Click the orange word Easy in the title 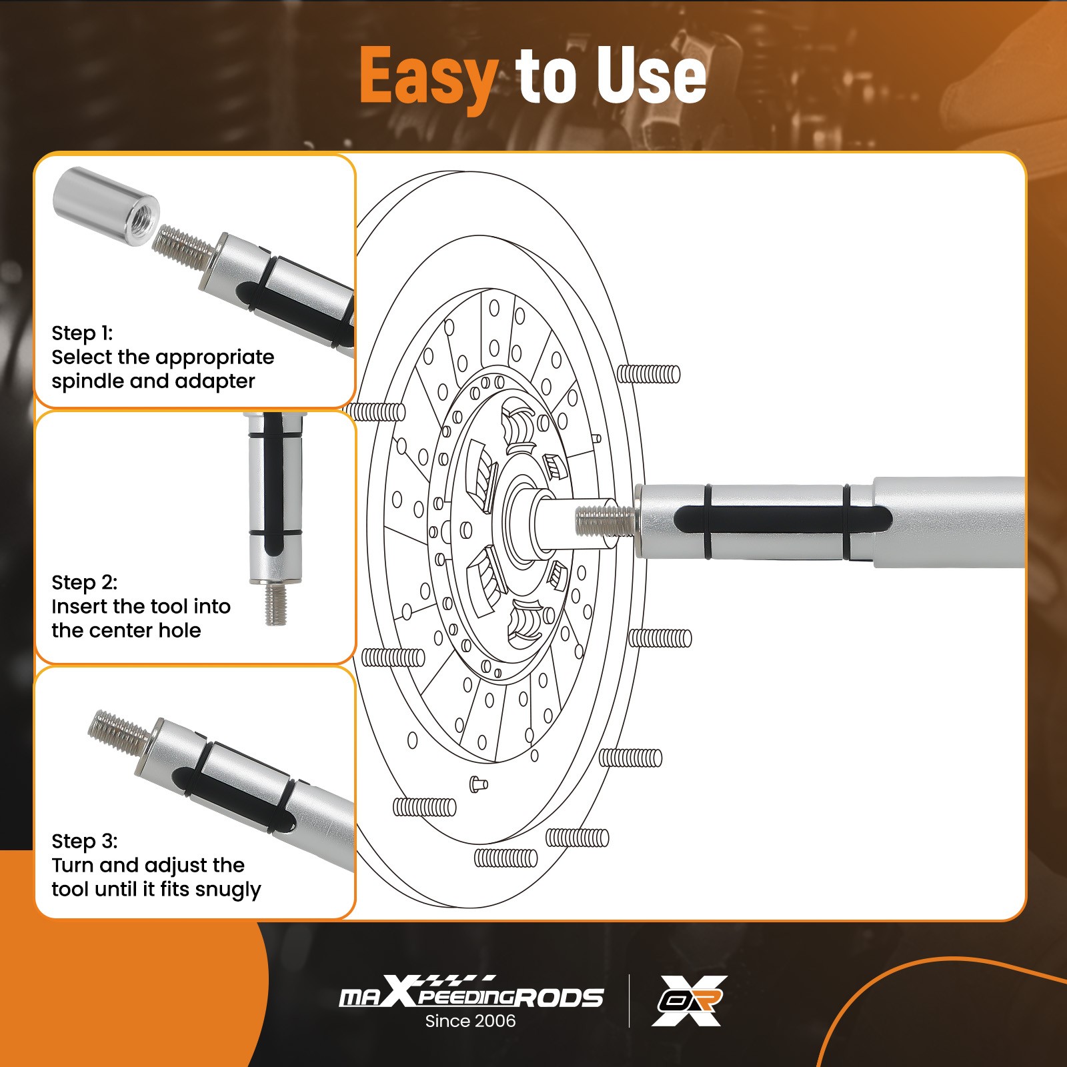click(x=429, y=77)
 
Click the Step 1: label click(x=82, y=333)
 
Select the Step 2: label click(x=84, y=582)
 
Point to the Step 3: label click(x=84, y=841)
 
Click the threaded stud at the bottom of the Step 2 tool click(x=275, y=604)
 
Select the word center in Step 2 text click(x=125, y=630)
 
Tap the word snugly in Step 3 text click(x=229, y=890)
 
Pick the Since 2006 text click(x=470, y=1020)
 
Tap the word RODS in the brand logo click(x=560, y=998)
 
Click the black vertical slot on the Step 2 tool click(x=273, y=483)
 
